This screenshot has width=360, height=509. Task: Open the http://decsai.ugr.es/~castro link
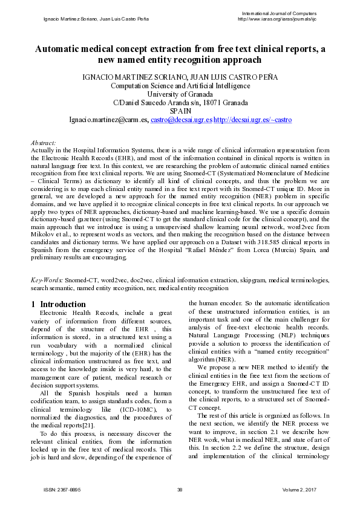[253, 120]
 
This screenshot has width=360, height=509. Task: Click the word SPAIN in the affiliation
[180, 112]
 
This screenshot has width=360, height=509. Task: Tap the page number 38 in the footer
[180, 489]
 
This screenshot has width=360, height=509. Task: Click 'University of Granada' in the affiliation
[180, 94]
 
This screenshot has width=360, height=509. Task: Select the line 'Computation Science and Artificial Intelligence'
[180, 86]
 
